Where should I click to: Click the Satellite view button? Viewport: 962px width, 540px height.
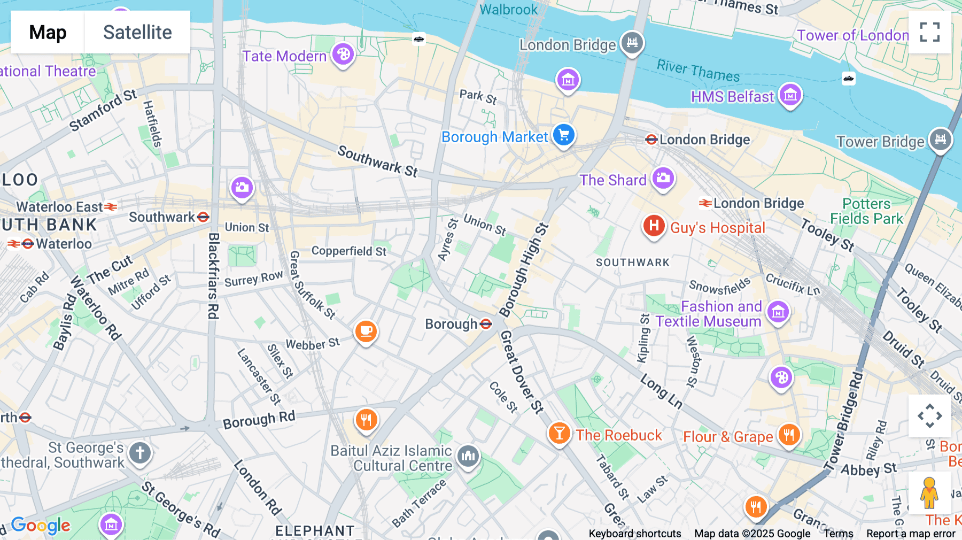coord(137,32)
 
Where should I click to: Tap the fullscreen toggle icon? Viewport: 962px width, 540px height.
coord(929,32)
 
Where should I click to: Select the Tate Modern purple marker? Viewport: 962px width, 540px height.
coord(343,55)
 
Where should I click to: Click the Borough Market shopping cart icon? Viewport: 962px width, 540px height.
coord(563,135)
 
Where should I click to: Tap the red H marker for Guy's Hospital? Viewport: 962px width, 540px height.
coord(654,226)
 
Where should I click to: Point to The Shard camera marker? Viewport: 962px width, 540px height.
coord(663,178)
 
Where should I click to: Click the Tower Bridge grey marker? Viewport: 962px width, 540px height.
coord(940,140)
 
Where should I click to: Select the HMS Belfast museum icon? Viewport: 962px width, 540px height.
coord(790,95)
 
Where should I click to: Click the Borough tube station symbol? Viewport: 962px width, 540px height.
coord(486,324)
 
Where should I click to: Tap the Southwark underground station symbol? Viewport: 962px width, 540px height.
coord(203,217)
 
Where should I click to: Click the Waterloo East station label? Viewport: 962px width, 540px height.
coord(59,207)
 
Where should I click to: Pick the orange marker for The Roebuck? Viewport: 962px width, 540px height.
coord(559,434)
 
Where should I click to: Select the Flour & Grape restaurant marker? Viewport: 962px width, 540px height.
coord(789,435)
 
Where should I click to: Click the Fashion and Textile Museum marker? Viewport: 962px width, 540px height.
coord(778,312)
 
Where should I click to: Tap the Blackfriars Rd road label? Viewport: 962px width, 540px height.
coord(213,275)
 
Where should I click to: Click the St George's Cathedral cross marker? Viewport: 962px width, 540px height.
coord(140,453)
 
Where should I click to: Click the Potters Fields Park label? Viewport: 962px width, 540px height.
coord(866,211)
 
